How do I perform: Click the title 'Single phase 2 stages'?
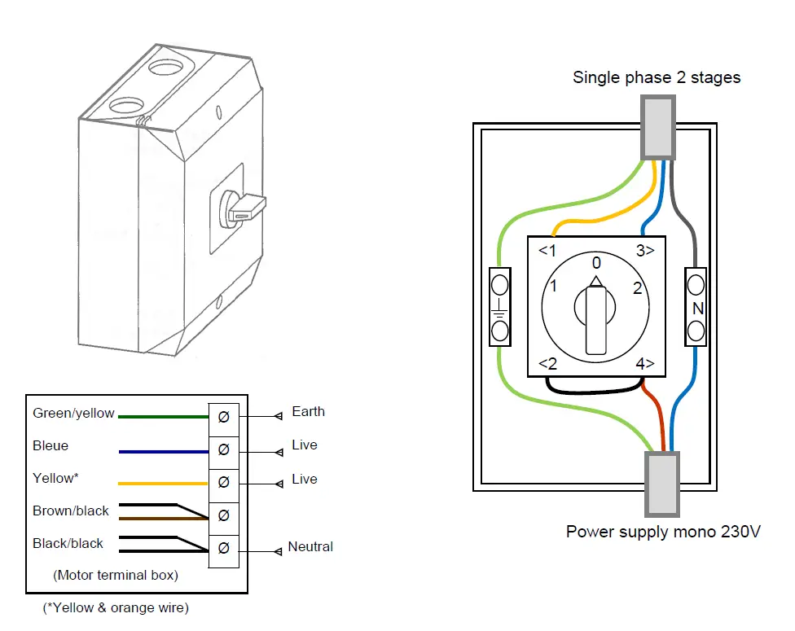pos(657,77)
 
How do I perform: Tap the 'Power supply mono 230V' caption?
pos(663,532)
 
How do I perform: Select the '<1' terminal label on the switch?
pos(547,250)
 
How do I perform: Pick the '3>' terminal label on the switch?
pos(645,250)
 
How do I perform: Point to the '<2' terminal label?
pos(547,363)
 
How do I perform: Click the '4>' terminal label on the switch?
pos(645,363)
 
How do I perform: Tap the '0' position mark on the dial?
pos(596,263)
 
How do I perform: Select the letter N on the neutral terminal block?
pos(697,309)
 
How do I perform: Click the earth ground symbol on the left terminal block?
pos(499,308)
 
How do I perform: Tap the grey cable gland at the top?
pos(659,127)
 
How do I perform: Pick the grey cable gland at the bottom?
pos(661,484)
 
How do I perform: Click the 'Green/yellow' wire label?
pos(73,413)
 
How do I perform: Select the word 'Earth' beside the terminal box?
pos(308,411)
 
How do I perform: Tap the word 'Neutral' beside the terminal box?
pos(310,546)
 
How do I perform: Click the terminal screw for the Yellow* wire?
pos(223,483)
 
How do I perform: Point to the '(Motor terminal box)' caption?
pos(115,575)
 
